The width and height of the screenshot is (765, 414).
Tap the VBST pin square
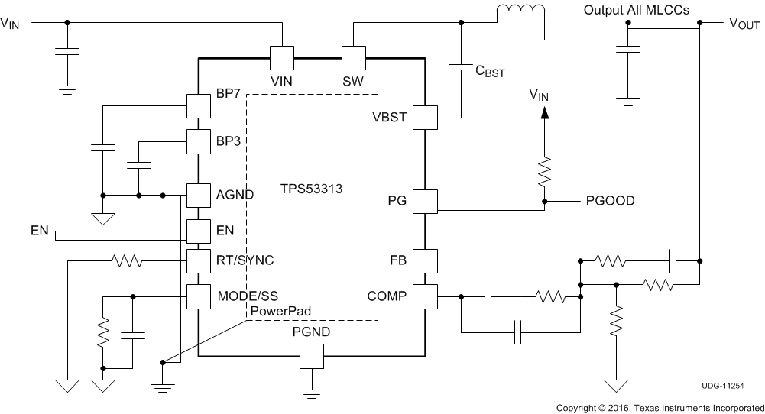click(x=424, y=118)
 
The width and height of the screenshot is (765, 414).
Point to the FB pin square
click(x=424, y=261)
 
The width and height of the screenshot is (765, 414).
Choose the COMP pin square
click(x=424, y=296)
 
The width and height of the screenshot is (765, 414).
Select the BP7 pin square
click(x=199, y=105)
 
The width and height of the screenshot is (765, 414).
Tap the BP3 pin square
click(x=199, y=141)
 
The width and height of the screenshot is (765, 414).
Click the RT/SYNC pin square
click(x=199, y=261)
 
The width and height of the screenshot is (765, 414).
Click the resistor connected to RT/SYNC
click(x=127, y=261)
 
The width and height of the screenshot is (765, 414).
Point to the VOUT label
click(x=744, y=24)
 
